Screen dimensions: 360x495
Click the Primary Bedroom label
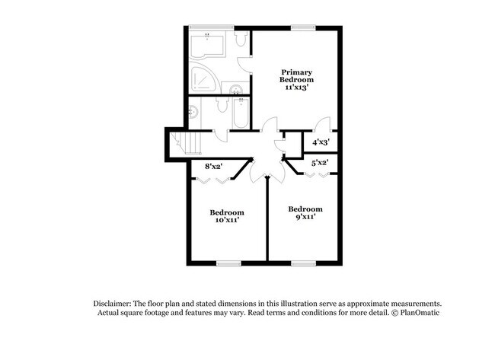pyautogui.click(x=297, y=75)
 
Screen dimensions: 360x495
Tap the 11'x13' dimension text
pyautogui.click(x=297, y=87)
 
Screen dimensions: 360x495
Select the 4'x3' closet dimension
pyautogui.click(x=321, y=142)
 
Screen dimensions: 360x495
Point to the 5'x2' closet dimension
pyautogui.click(x=319, y=162)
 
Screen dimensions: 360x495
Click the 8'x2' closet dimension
pyautogui.click(x=214, y=166)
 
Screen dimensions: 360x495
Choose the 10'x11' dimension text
pyautogui.click(x=226, y=220)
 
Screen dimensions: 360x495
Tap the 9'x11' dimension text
pyautogui.click(x=305, y=217)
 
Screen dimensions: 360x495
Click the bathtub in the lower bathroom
pyautogui.click(x=239, y=112)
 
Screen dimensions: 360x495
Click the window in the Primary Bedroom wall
pyautogui.click(x=301, y=28)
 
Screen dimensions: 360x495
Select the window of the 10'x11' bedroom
pyautogui.click(x=227, y=263)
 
